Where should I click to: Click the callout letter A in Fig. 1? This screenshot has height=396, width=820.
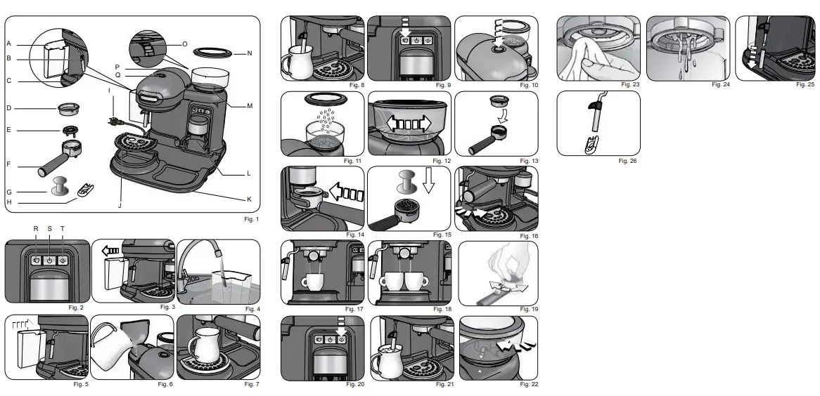pyautogui.click(x=9, y=44)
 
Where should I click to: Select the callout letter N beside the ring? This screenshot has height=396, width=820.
pyautogui.click(x=248, y=53)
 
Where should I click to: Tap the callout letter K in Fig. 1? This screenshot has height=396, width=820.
pyautogui.click(x=248, y=199)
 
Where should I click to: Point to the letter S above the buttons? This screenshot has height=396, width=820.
pyautogui.click(x=49, y=229)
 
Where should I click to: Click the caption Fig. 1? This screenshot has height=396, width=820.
pyautogui.click(x=249, y=219)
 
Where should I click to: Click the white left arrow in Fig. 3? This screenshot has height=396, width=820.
pyautogui.click(x=110, y=249)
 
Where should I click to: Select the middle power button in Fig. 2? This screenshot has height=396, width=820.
pyautogui.click(x=49, y=260)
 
